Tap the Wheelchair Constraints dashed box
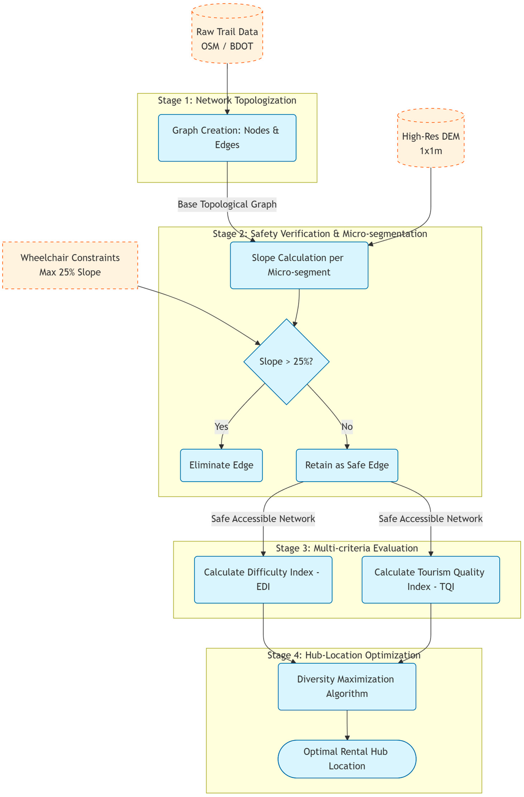click(x=70, y=265)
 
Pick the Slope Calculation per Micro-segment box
click(x=299, y=265)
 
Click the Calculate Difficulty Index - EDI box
click(x=263, y=580)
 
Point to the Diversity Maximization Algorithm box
click(x=347, y=687)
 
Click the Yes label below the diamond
click(x=221, y=427)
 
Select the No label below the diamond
click(x=347, y=427)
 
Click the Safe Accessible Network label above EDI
click(x=263, y=519)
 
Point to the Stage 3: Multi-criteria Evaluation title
click(x=347, y=548)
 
